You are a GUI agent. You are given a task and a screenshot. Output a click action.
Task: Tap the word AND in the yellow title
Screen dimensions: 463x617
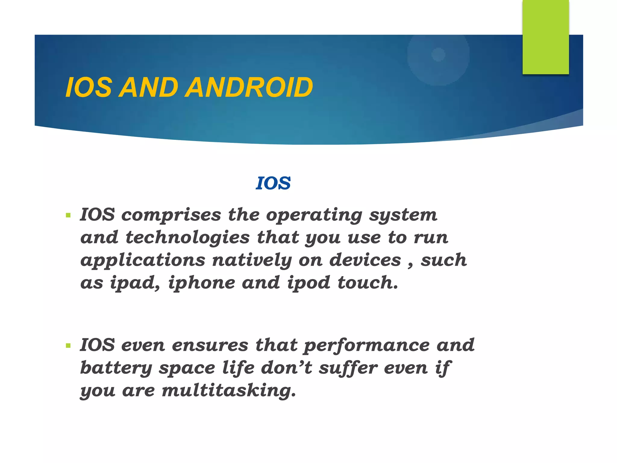148,88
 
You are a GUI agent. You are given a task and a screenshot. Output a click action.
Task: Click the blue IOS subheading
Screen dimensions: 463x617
273,183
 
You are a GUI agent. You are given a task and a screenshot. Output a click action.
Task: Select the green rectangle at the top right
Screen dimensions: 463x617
546,37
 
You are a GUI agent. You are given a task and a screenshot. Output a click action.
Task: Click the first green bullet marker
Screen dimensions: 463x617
68,216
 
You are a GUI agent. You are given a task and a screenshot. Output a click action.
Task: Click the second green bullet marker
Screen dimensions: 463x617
68,346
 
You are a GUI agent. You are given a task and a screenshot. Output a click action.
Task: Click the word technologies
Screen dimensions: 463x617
187,238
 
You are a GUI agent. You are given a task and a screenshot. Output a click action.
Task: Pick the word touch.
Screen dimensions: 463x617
368,283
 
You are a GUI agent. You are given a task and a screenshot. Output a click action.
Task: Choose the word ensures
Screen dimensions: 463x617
210,345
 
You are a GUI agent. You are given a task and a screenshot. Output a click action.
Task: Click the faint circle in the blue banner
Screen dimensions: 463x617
438,55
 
